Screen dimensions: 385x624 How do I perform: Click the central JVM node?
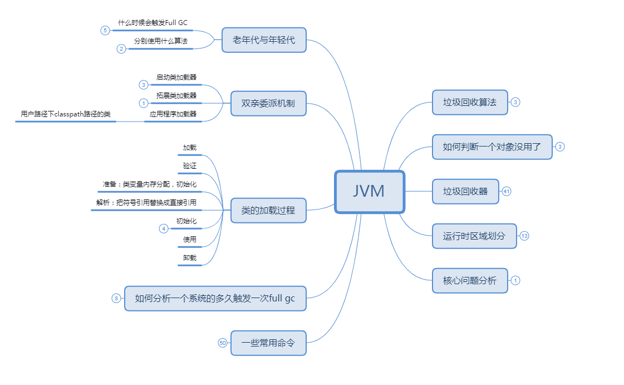(x=369, y=192)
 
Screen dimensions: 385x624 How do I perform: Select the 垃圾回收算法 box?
(x=470, y=103)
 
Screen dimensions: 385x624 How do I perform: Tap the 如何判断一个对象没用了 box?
(x=492, y=147)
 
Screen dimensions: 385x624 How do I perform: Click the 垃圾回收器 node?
(x=465, y=192)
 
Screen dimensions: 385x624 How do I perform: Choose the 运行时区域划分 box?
(x=474, y=236)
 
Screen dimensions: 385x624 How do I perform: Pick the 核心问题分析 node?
(x=470, y=281)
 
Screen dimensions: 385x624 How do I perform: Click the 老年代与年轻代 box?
(x=264, y=40)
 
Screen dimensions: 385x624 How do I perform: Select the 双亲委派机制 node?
(x=268, y=104)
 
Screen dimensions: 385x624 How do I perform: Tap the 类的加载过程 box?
(x=268, y=211)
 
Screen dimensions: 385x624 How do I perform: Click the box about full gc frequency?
(x=215, y=299)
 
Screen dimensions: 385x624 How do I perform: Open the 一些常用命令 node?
(x=268, y=343)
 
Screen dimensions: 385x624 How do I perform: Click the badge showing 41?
(x=507, y=192)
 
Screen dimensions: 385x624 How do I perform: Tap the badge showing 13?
(x=524, y=236)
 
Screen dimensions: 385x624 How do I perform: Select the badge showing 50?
(x=223, y=343)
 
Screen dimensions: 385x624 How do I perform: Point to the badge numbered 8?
(x=116, y=299)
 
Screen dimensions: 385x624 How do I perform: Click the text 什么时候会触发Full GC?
(x=153, y=23)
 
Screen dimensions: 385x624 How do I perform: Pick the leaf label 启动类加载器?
(x=176, y=77)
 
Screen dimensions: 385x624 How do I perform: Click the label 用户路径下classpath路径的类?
(x=66, y=114)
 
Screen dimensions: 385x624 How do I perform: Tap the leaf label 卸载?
(x=190, y=258)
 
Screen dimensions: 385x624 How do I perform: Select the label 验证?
(x=190, y=166)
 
